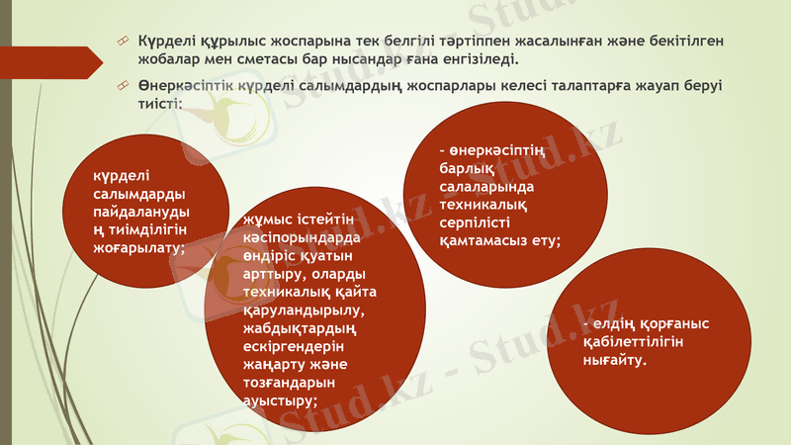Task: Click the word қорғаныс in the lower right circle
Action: [674, 323]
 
